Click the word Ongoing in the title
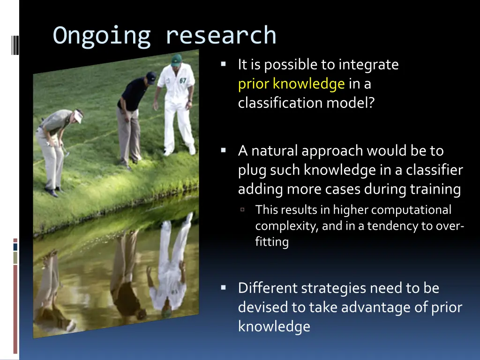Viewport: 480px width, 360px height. tap(101, 36)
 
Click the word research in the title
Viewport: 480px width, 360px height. tap(221, 36)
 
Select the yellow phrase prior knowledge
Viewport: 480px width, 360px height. tap(291, 84)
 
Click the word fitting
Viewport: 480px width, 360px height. tap(272, 242)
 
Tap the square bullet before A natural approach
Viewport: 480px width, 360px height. tap(224, 150)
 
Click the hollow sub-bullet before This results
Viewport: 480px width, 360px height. tap(243, 210)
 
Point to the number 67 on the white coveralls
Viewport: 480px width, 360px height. tap(183, 81)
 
